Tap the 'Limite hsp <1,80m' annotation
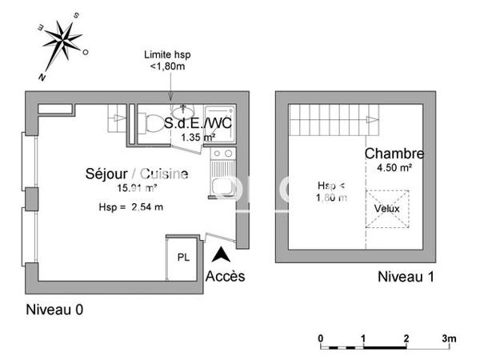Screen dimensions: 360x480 pos(167,60)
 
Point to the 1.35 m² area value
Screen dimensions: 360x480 pos(198,138)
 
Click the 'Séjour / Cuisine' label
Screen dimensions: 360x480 pos(137,174)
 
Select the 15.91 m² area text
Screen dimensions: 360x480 pos(137,188)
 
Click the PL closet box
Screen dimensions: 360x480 pos(182,258)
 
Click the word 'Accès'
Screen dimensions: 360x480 pos(225,277)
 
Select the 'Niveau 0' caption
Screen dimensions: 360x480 pos(54,310)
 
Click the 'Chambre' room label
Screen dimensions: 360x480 pos(394,154)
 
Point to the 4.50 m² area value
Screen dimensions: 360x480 pos(394,168)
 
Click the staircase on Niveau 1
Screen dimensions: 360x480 pos(332,123)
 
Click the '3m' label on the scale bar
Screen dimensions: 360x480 pos(450,338)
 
